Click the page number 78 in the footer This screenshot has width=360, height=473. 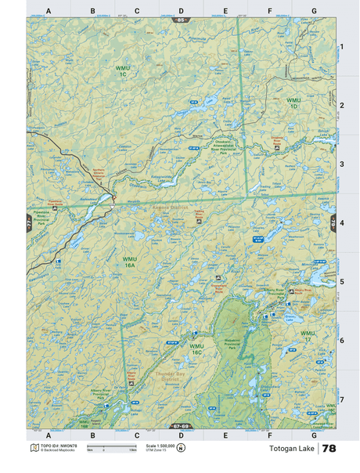[x=329, y=449]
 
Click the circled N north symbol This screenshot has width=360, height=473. [x=181, y=448]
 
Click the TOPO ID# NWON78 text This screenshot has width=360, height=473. [x=57, y=445]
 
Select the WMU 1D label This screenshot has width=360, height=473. [x=293, y=103]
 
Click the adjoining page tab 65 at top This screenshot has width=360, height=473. [x=181, y=19]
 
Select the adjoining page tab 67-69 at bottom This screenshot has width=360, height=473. [x=181, y=427]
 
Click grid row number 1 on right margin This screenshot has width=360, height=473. [x=341, y=47]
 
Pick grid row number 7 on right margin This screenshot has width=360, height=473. [x=341, y=399]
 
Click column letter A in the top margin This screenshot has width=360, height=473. [x=49, y=11]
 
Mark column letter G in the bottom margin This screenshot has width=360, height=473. [x=314, y=435]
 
